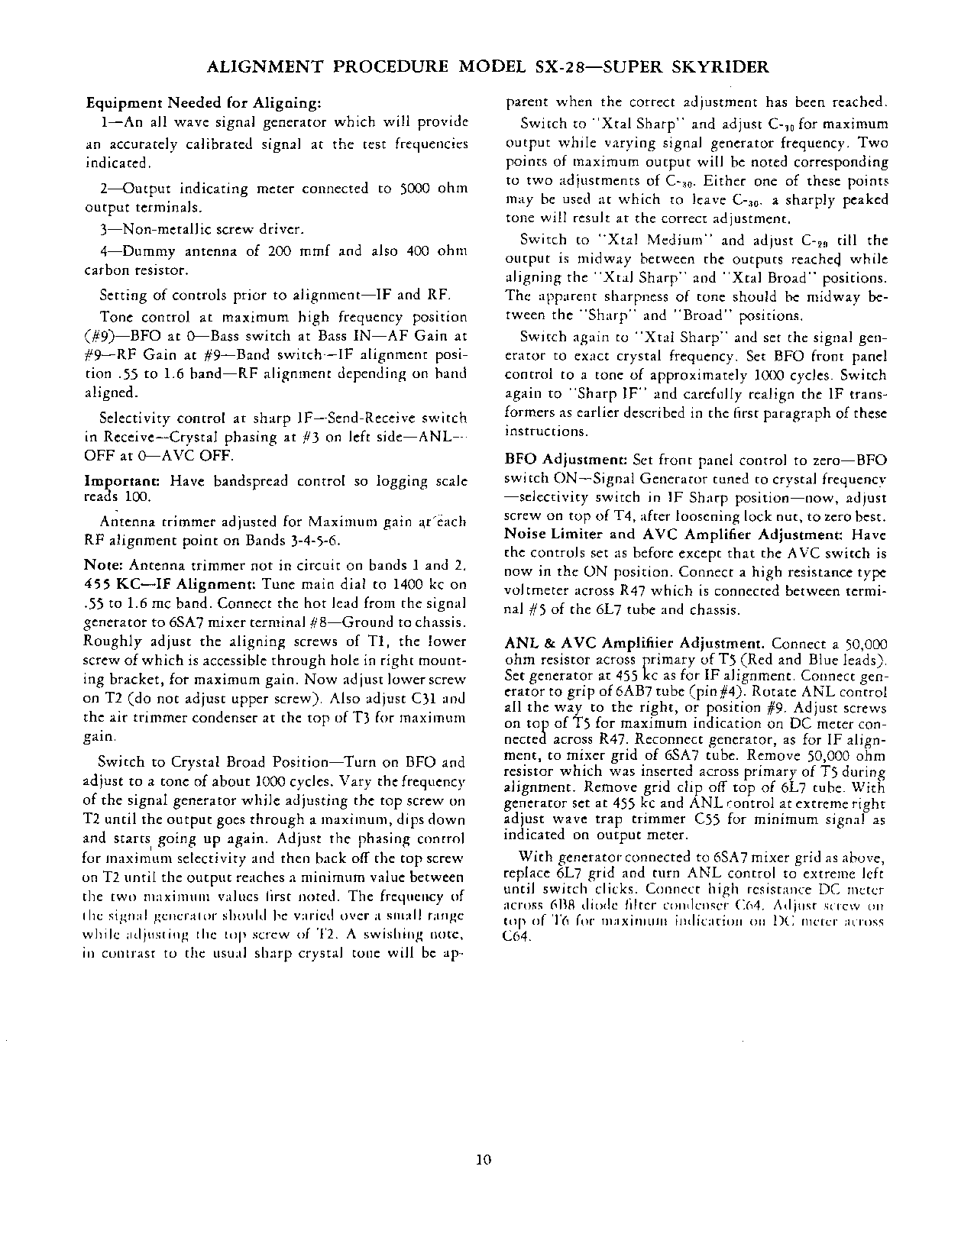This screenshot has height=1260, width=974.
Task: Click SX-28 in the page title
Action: [560, 67]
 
